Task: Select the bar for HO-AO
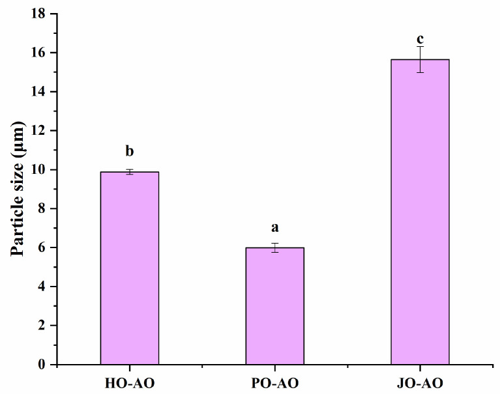tap(129, 268)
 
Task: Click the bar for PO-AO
tap(274, 305)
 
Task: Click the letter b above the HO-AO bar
tap(129, 152)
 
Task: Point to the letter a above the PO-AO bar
tap(274, 228)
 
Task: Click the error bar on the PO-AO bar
tap(274, 247)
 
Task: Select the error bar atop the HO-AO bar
tap(129, 172)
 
